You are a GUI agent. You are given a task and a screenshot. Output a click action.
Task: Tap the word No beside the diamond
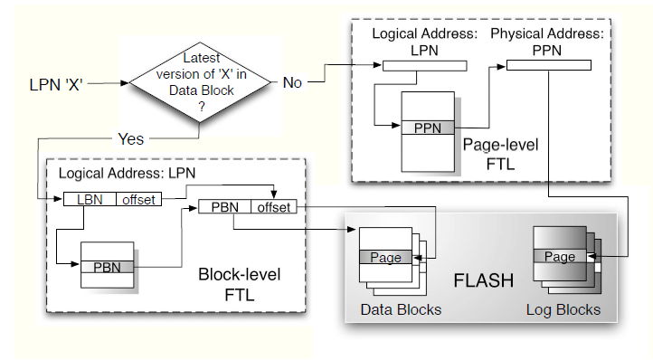(292, 82)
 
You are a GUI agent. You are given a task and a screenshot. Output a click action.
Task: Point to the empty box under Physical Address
(549, 64)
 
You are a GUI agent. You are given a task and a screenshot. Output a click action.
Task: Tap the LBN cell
(89, 199)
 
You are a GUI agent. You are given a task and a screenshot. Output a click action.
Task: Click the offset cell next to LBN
(138, 199)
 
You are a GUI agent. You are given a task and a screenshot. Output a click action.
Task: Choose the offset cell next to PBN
(274, 207)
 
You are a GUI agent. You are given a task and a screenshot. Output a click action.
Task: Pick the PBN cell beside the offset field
(224, 207)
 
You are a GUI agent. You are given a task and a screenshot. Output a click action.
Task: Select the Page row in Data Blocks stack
(385, 258)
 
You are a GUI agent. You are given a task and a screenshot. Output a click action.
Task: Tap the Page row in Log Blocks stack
(559, 257)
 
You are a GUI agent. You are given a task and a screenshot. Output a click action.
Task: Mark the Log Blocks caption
(562, 309)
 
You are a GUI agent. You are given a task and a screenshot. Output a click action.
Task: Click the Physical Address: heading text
(547, 33)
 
